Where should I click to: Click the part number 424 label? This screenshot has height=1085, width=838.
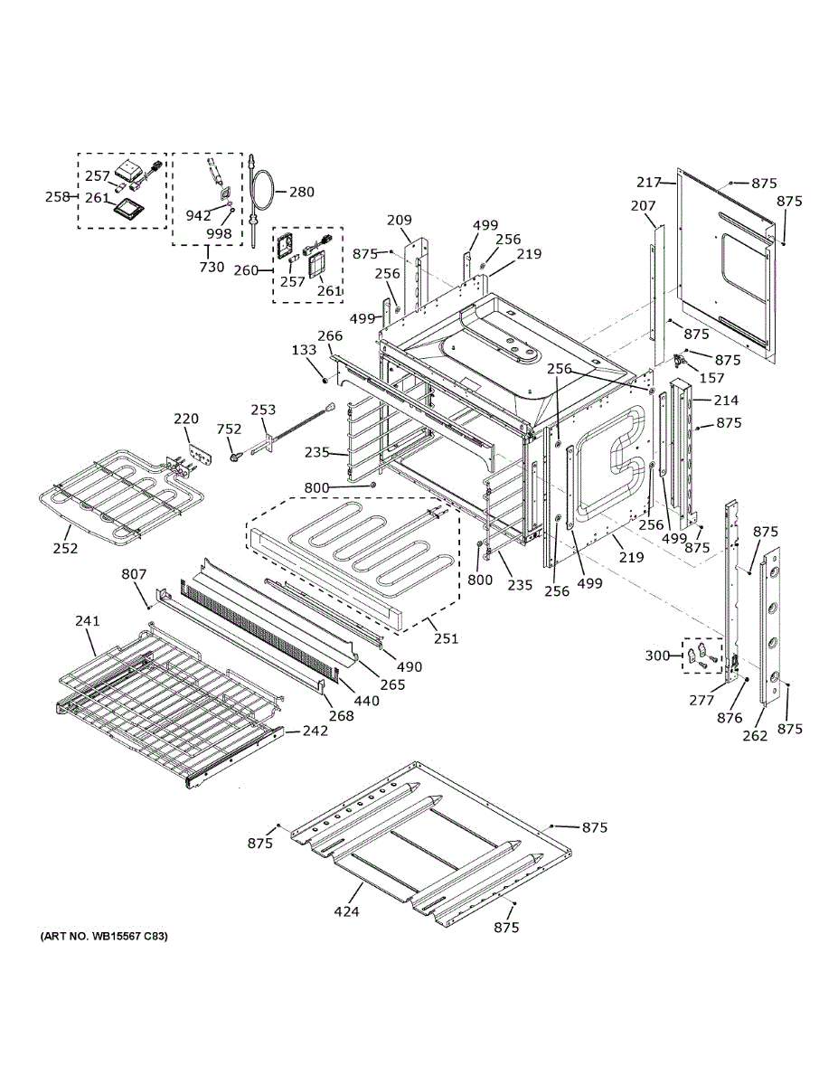point(346,911)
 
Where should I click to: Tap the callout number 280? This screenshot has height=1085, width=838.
point(302,192)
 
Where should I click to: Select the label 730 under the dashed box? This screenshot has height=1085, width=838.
point(211,267)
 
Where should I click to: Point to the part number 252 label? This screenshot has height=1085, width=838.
point(65,548)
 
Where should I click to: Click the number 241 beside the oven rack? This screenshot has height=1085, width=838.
point(87,620)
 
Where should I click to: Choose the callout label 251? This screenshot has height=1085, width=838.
point(445,638)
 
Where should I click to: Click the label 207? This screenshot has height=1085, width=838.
point(643,206)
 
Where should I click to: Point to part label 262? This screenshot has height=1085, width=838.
point(755,735)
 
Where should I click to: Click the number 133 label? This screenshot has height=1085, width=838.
point(304,349)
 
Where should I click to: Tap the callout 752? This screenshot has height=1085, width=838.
point(229,429)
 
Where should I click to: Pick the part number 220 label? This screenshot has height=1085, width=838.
point(186,419)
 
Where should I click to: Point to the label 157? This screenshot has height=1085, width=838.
point(712,377)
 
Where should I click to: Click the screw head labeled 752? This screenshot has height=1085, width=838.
point(236,458)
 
